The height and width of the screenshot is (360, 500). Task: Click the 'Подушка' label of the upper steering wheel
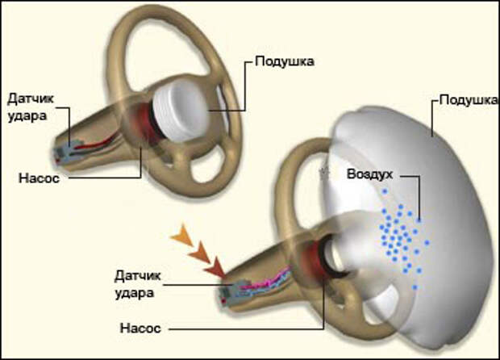tap(285, 61)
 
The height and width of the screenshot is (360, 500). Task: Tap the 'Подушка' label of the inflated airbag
tap(468, 100)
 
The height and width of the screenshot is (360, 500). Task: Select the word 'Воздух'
tap(370, 174)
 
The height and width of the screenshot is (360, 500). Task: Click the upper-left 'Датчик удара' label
tap(31, 107)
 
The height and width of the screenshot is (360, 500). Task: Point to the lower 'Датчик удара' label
tap(138, 284)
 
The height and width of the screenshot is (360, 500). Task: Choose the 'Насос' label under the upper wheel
tap(39, 178)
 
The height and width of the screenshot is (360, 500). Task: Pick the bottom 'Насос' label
tap(140, 328)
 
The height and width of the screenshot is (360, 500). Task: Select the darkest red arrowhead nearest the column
tap(215, 267)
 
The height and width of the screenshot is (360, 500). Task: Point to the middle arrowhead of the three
tap(199, 252)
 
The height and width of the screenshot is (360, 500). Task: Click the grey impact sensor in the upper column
tap(66, 151)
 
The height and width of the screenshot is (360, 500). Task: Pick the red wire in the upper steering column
tap(97, 144)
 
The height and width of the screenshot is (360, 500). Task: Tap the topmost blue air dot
tap(385, 191)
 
